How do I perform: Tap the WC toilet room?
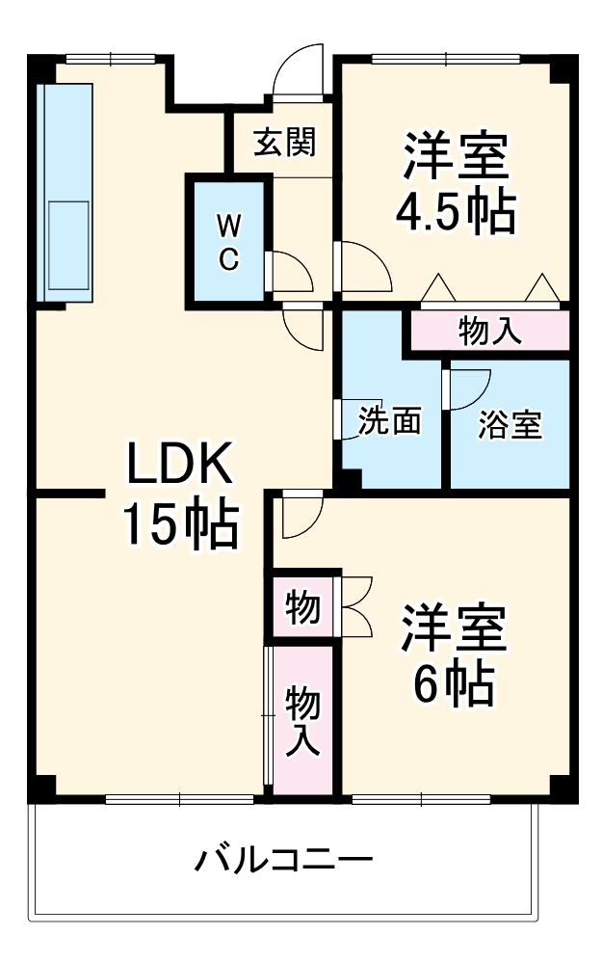tap(228, 241)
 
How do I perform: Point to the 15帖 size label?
tap(180, 526)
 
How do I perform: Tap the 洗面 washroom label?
tap(390, 421)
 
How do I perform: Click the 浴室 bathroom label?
tap(510, 424)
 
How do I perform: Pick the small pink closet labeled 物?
tap(302, 607)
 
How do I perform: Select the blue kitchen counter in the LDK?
tap(65, 193)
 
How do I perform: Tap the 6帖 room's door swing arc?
tap(299, 518)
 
